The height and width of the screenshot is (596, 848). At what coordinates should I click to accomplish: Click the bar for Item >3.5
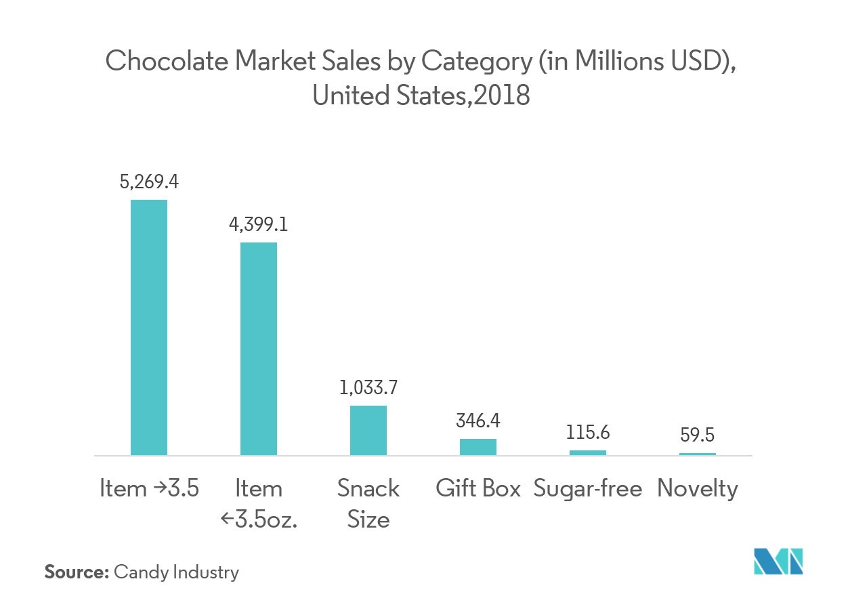(149, 327)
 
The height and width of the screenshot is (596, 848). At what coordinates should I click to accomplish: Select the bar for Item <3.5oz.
(259, 348)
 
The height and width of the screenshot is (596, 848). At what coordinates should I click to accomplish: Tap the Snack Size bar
(368, 430)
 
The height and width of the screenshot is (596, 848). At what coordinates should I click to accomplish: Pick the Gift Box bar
(478, 447)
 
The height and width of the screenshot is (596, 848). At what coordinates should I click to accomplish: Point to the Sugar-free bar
(588, 452)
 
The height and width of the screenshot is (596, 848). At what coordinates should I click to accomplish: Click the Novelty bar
(698, 454)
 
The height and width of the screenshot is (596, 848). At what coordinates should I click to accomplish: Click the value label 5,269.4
(149, 182)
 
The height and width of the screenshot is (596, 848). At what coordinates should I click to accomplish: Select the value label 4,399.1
(259, 224)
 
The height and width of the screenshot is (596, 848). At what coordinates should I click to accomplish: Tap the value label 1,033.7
(368, 388)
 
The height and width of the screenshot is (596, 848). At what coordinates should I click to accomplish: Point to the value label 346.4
(478, 421)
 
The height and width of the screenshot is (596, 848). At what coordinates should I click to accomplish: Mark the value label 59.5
(698, 434)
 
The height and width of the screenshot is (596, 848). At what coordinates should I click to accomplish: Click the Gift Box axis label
(478, 489)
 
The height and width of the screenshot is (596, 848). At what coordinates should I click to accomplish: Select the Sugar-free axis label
(588, 489)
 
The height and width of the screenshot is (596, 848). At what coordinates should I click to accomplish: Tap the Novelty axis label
(698, 489)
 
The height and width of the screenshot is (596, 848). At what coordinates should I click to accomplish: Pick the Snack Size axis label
(368, 504)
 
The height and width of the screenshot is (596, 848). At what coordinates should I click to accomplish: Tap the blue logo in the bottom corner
(779, 563)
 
